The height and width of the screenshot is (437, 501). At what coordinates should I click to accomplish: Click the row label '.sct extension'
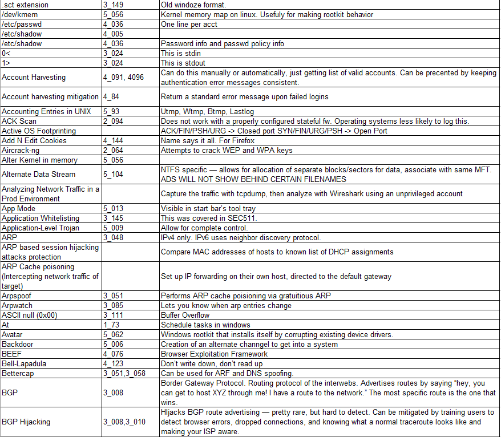[25, 5]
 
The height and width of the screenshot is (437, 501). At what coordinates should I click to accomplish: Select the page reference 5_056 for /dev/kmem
[113, 15]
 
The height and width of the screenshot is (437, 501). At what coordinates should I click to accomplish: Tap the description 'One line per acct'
[189, 25]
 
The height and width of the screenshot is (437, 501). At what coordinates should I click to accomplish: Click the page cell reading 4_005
[113, 34]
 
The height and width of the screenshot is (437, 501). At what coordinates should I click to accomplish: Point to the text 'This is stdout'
[184, 63]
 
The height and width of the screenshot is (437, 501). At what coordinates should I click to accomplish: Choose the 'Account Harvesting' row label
[34, 77]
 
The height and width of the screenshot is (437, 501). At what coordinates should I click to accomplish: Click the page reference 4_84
[111, 97]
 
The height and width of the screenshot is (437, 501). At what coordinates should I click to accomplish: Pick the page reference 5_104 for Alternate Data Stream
[113, 175]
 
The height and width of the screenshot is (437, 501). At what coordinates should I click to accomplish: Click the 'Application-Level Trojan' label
[41, 228]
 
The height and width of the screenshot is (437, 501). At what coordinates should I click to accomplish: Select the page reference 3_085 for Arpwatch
[113, 305]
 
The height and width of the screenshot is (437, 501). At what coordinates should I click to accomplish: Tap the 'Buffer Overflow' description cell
[185, 315]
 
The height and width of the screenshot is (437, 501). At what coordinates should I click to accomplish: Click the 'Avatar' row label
[13, 334]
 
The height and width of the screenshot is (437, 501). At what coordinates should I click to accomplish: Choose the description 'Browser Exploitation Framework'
[214, 354]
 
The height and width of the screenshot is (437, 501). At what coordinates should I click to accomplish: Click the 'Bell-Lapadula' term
[24, 363]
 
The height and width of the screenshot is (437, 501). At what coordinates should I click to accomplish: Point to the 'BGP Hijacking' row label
[26, 422]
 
